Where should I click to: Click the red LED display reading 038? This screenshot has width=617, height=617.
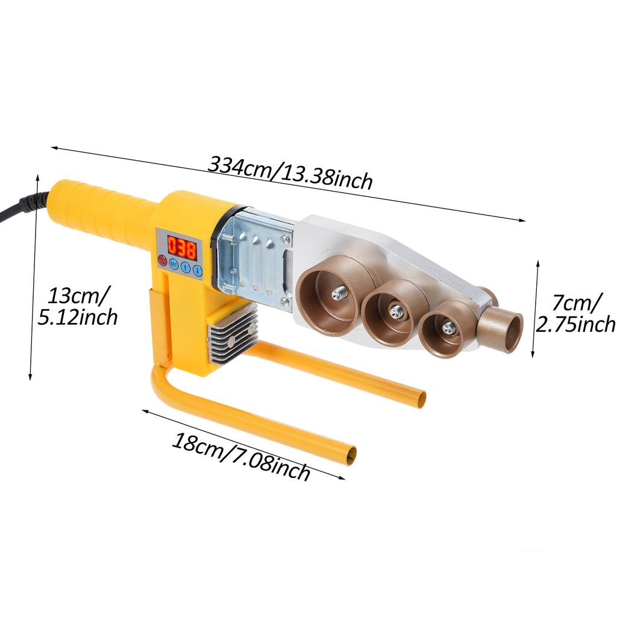(182, 247)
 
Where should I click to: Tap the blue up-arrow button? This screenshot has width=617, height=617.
(186, 268)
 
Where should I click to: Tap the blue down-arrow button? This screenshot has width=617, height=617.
(197, 271)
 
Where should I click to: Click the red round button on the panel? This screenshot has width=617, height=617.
(162, 260)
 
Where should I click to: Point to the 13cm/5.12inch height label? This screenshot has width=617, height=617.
(78, 305)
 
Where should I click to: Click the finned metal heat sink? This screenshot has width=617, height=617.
(232, 334)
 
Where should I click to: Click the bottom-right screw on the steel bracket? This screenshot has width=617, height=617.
(284, 302)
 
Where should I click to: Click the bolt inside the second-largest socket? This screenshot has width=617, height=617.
(396, 312)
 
